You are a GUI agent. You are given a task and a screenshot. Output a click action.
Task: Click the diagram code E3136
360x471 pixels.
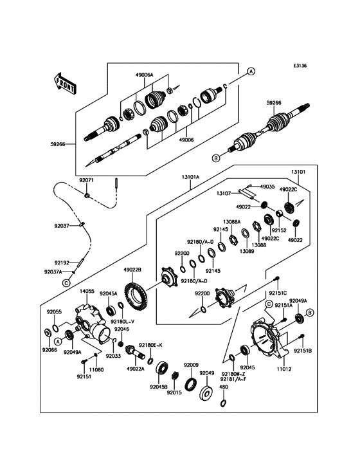(300, 66)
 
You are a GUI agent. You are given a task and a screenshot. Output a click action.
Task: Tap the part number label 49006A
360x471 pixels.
(144, 75)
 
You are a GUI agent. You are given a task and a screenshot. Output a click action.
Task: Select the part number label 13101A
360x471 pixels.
(190, 177)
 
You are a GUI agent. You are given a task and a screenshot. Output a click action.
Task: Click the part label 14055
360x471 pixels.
(87, 291)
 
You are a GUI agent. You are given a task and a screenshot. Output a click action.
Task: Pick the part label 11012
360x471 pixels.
(284, 369)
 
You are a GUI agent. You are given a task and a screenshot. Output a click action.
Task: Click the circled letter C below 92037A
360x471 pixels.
(66, 283)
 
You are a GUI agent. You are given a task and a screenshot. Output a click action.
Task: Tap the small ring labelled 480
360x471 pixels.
(222, 403)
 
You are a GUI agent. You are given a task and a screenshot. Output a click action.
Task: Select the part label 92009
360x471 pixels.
(191, 365)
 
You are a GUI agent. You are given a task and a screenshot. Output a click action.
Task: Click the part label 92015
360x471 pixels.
(174, 392)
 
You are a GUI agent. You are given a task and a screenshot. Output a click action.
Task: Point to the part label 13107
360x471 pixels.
(224, 194)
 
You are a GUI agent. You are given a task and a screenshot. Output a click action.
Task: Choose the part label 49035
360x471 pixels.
(267, 187)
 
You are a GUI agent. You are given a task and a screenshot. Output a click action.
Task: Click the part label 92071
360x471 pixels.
(86, 181)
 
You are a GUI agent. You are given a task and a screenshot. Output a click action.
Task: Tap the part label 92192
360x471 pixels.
(62, 263)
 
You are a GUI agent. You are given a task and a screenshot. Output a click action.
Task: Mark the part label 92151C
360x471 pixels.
(278, 293)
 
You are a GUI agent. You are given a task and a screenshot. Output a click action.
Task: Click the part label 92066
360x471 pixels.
(50, 350)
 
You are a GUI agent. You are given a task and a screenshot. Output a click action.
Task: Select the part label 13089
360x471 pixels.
(248, 252)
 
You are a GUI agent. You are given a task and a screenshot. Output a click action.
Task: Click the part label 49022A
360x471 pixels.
(136, 369)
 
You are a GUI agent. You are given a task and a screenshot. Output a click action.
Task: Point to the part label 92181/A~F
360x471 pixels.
(233, 379)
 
